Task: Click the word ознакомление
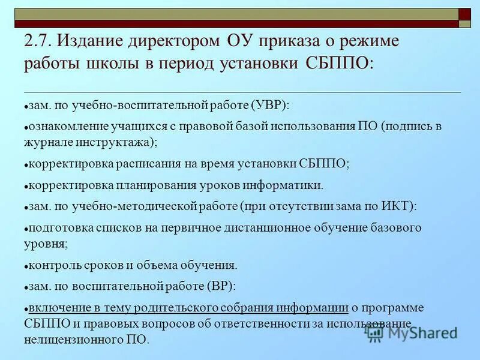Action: click(67, 126)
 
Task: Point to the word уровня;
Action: click(46, 244)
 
